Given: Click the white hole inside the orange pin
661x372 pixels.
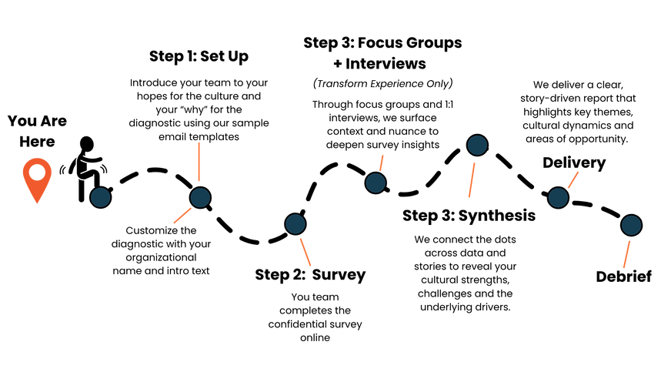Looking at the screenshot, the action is (x=37, y=173).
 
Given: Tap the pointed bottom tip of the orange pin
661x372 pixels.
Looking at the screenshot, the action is (x=37, y=204).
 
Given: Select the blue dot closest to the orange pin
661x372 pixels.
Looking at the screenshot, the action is (x=101, y=197).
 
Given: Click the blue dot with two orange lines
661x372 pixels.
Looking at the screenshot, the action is (x=200, y=198).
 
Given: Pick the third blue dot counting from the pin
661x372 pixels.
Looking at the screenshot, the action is (x=295, y=224).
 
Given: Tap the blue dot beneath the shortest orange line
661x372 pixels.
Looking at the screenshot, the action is (x=376, y=183).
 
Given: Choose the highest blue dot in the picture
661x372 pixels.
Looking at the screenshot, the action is (x=477, y=145).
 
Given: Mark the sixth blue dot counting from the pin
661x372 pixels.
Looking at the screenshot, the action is (x=558, y=198).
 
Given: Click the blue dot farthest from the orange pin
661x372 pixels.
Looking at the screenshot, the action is (x=631, y=225).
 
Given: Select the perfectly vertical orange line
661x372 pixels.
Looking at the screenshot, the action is (x=199, y=162).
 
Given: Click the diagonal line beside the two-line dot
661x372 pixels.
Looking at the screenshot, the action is (x=182, y=216).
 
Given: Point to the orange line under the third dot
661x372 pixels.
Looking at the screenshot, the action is (x=305, y=252).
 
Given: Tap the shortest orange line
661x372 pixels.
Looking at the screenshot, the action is (x=381, y=162).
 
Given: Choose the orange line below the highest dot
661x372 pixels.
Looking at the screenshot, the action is (x=472, y=179).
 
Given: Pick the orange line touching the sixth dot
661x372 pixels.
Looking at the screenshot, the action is (x=574, y=179).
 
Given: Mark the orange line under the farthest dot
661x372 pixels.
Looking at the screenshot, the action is (x=626, y=254).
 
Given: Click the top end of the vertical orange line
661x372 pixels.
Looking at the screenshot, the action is (x=199, y=142).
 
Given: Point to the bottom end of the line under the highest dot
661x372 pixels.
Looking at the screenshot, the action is (x=469, y=198).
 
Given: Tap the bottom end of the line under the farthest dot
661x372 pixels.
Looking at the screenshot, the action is (x=623, y=268).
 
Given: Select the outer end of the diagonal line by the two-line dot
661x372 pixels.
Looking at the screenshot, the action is (x=173, y=224).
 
